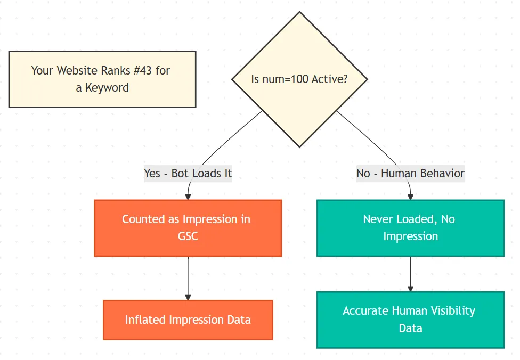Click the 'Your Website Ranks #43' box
[102, 79]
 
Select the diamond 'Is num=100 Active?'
[299, 79]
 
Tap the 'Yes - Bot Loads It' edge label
[188, 174]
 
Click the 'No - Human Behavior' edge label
[410, 174]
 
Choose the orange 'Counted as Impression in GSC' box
[188, 228]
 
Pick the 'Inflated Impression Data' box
[188, 320]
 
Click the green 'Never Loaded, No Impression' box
[410, 228]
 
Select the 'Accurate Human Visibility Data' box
[410, 320]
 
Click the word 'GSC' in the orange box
[188, 236]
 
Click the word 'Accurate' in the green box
[365, 311]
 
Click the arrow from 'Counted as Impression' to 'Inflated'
[188, 277]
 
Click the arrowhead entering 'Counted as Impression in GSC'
[188, 197]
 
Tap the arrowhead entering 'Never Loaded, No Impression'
[410, 197]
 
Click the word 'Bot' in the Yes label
[181, 174]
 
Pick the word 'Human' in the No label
[400, 174]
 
